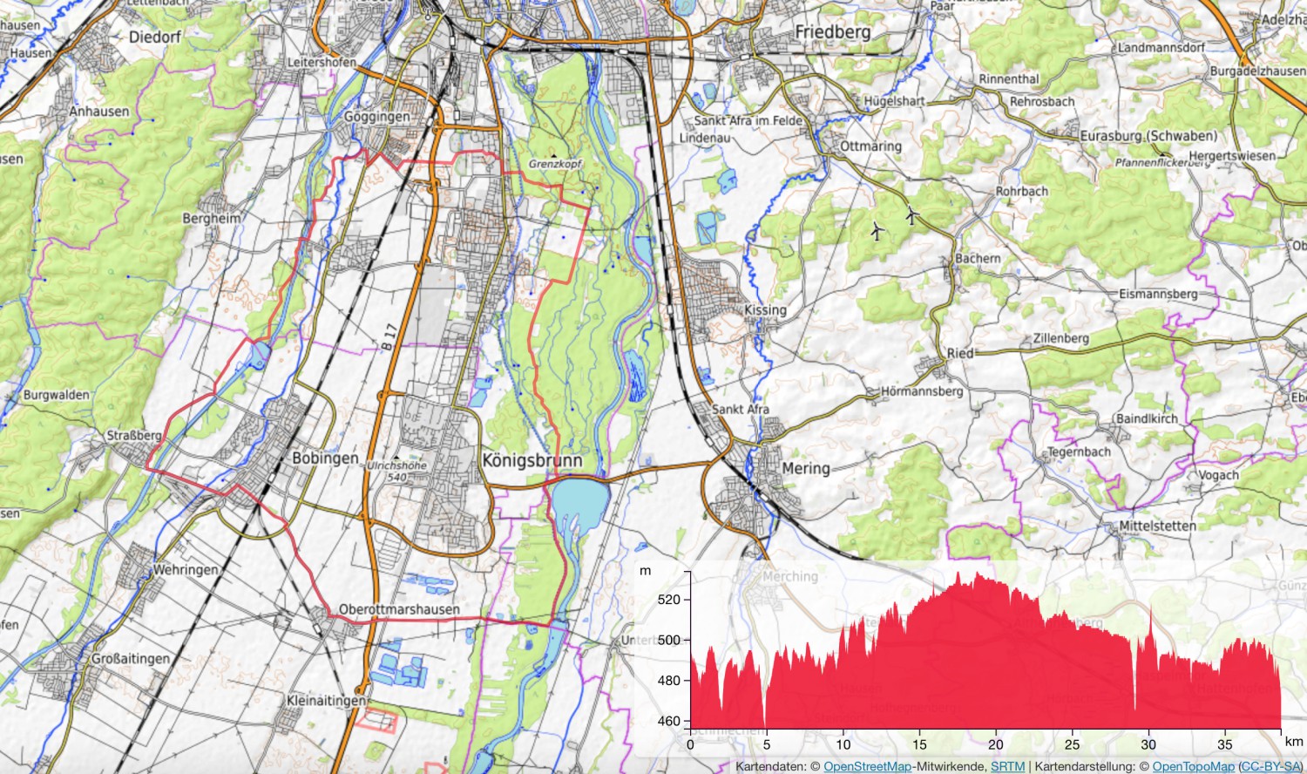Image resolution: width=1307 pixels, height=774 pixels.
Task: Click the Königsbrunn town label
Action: coord(532,460)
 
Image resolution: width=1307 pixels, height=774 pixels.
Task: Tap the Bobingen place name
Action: coord(325,458)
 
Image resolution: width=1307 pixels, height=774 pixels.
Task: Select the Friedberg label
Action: coord(832,32)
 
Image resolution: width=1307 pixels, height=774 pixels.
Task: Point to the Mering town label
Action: coord(805,468)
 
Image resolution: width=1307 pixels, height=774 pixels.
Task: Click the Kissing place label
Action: coord(765,310)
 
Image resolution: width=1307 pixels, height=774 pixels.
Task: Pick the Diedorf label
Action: coord(155,37)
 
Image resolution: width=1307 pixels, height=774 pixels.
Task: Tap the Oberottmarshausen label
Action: coord(399,609)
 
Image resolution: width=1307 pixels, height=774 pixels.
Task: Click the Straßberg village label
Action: coord(133,435)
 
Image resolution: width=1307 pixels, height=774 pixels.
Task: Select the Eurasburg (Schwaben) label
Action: coord(1148,136)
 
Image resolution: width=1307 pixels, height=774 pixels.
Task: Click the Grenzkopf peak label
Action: coord(555,164)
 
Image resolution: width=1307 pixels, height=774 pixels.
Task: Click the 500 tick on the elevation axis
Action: coord(669,640)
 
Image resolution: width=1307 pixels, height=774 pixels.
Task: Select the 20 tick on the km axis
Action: coord(996,744)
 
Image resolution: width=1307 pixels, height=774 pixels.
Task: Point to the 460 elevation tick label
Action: coord(669,721)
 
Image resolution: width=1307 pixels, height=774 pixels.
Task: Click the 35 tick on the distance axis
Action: coord(1225,744)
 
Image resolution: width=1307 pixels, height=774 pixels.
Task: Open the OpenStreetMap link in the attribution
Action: coord(867,766)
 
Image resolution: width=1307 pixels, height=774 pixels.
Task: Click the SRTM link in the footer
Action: coord(1007,766)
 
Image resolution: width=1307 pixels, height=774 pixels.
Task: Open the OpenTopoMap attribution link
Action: coord(1193,766)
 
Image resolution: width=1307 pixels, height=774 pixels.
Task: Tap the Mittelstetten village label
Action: coord(1157,526)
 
